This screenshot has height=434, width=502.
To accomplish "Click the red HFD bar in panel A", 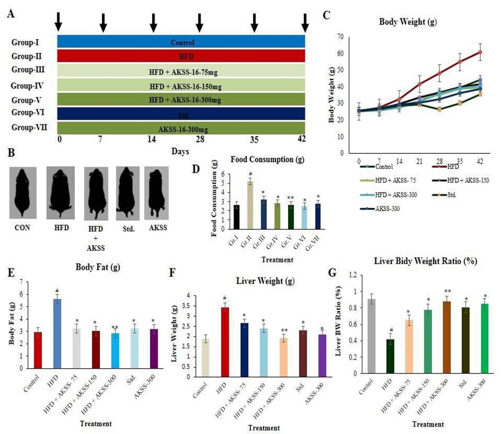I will click(x=180, y=56).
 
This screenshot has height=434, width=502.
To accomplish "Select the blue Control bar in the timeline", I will click(x=180, y=42).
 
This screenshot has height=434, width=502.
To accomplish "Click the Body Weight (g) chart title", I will click(x=409, y=22).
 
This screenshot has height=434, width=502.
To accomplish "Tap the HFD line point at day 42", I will click(x=480, y=52).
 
